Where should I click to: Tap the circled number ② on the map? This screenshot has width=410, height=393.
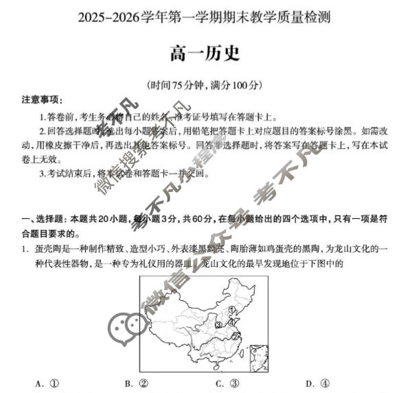[x=235, y=337]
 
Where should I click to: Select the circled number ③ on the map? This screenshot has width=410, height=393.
[x=218, y=324]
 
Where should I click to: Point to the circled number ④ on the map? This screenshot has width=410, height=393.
[x=231, y=322]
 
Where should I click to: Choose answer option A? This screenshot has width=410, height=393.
[x=48, y=383]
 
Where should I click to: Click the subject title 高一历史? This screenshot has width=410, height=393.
[x=205, y=53]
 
